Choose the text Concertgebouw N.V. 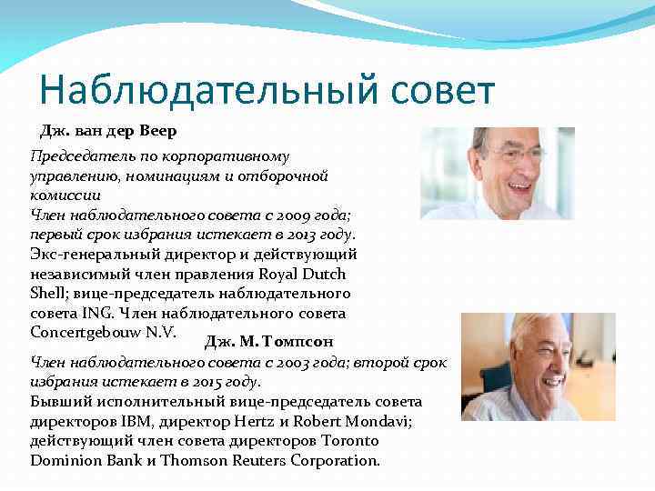(x=109, y=333)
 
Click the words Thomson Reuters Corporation (x=272, y=460)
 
